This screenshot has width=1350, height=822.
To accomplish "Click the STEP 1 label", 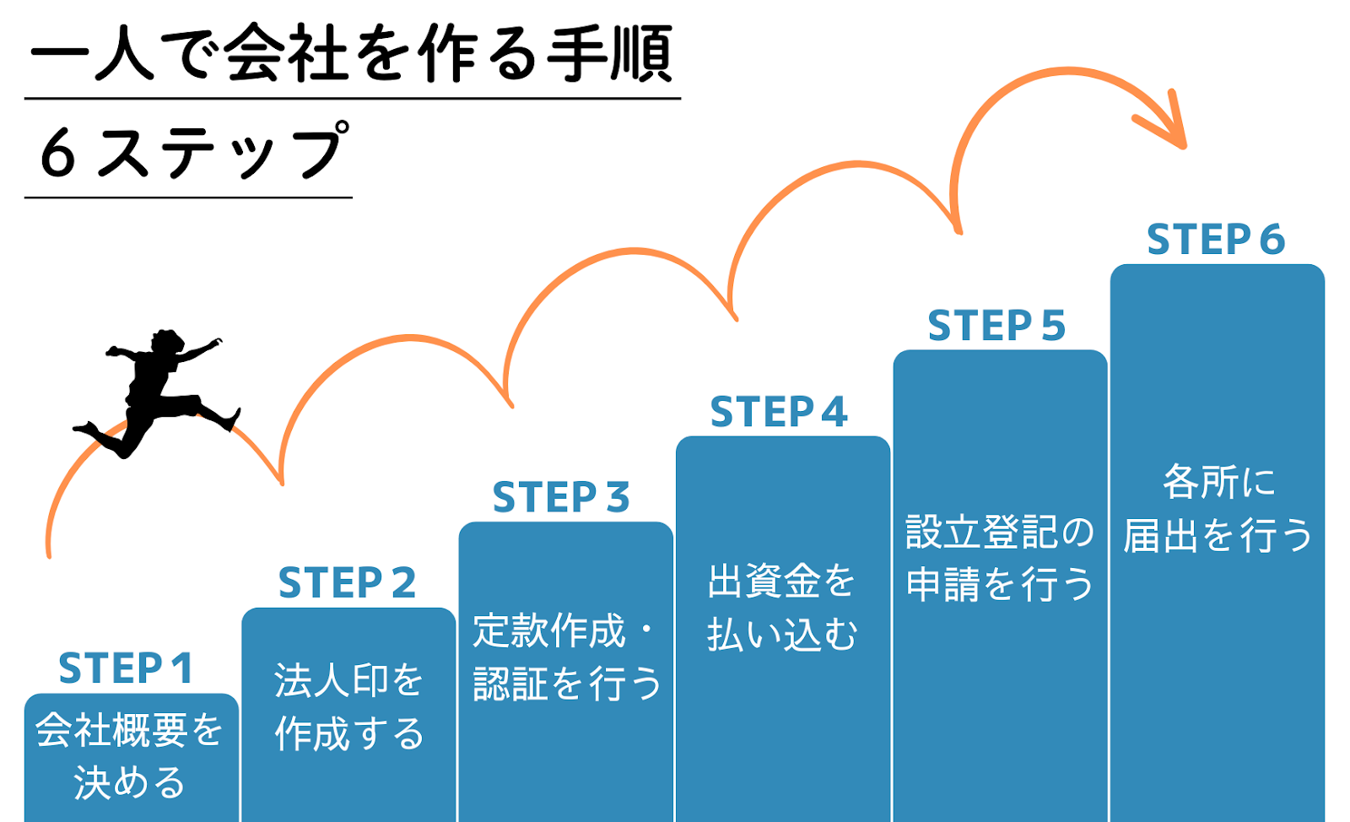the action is point(126,668).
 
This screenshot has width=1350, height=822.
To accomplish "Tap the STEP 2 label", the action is point(347,583).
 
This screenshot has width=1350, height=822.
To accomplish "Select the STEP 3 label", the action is point(561,497).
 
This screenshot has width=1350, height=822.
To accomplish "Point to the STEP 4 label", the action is point(779,412).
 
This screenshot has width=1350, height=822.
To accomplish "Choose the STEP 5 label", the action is point(996,326).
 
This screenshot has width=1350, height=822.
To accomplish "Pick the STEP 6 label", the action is point(1216,239).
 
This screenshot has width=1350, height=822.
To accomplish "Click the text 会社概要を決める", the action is point(129,755).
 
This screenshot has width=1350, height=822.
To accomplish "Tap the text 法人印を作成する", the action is point(348,706).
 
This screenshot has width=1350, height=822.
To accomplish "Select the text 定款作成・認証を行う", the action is point(566,657).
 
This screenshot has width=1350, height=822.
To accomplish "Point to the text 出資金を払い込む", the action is point(781,608).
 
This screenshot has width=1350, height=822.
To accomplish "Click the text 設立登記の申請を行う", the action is point(999,558).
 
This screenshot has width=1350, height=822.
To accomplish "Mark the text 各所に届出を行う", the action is point(1218,509).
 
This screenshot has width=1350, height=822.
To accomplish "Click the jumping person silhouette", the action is point(158,392).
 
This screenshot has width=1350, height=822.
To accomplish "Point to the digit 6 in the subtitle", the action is point(58,154).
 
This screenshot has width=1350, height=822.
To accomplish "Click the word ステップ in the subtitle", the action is point(223,149).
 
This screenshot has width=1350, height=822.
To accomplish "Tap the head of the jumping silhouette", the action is point(168,343).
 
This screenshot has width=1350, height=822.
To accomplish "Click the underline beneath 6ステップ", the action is point(188,197).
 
